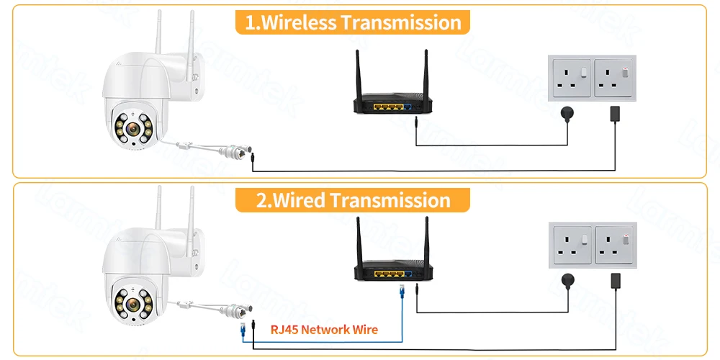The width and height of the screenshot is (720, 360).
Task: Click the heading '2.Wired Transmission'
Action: point(353,199)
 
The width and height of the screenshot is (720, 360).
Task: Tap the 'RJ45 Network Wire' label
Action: point(324,330)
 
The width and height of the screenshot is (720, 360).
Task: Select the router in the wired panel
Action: point(392,271)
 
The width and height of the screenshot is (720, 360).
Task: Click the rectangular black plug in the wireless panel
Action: point(616,114)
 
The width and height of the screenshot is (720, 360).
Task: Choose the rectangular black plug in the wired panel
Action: point(616,279)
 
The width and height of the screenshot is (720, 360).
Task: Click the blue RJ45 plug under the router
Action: point(400,290)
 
